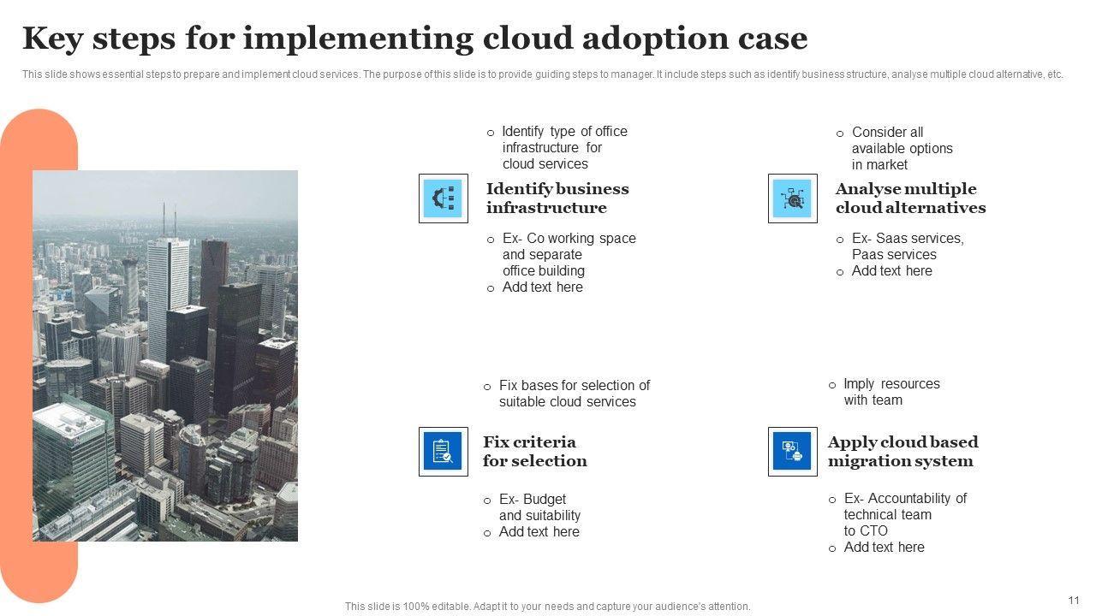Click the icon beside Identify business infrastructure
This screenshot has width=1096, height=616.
(x=443, y=198)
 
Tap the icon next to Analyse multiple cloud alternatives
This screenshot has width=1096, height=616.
(x=792, y=198)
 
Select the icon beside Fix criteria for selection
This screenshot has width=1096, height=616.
(x=443, y=452)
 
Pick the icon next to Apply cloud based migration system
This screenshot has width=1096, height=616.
(x=792, y=452)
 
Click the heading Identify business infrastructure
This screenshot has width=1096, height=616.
(x=557, y=198)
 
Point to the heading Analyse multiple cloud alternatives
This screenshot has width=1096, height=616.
(x=910, y=198)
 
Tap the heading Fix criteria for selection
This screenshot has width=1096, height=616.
(x=534, y=452)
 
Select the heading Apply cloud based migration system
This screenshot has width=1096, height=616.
(x=902, y=452)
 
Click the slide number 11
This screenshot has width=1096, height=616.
(x=1074, y=601)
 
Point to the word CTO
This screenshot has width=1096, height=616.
(x=873, y=531)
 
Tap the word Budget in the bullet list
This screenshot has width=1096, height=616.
(x=545, y=500)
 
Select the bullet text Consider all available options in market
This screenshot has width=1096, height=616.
(x=902, y=149)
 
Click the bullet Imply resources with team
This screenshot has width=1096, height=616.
(x=890, y=392)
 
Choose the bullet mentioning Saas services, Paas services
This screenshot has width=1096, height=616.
(x=907, y=246)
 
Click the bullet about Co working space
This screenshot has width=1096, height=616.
(x=569, y=255)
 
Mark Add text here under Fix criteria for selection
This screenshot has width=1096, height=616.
(x=539, y=532)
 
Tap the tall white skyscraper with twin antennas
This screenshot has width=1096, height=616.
(x=168, y=291)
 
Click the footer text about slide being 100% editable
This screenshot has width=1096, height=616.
(x=547, y=607)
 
